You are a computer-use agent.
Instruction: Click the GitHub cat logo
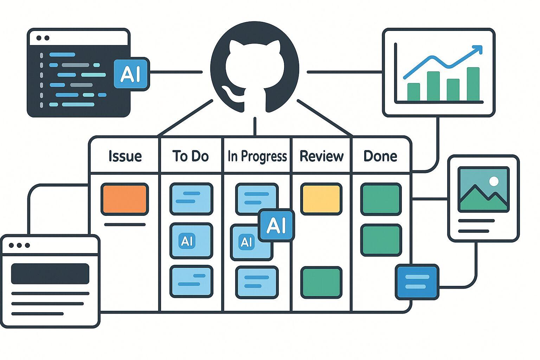pos(255,69)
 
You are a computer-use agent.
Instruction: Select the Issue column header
pos(125,156)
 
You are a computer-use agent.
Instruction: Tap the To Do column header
pos(191,156)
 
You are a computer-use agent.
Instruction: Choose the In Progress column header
pos(257,156)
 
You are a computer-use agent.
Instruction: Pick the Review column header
pos(321,156)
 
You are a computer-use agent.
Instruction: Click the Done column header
pos(380,156)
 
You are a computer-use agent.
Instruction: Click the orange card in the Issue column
pos(124,199)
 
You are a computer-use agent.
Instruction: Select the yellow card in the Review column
pos(321,199)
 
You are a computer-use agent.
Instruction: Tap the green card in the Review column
pos(321,282)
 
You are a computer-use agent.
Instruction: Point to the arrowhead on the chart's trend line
pos(478,50)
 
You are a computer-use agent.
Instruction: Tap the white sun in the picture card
pos(494,181)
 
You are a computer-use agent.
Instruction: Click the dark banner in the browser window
pos(50,274)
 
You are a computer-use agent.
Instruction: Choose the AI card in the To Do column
pos(191,241)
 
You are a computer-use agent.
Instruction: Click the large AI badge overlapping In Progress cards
pos(276,225)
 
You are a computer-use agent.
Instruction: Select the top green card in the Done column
pos(381,199)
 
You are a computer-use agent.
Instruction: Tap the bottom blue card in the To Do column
pos(191,282)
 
